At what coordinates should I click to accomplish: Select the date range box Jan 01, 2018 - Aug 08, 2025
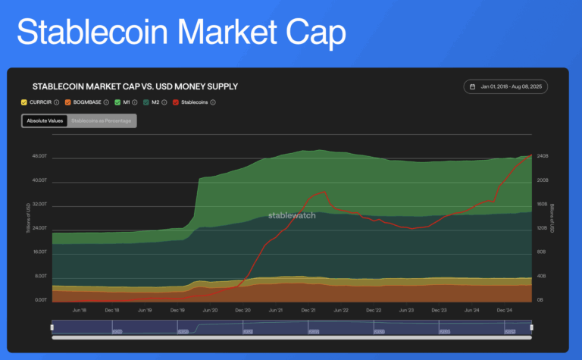(505, 87)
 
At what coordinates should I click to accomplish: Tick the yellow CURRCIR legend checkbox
(24, 102)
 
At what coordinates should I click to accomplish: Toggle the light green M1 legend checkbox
(117, 102)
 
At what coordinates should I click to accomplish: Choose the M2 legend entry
(155, 102)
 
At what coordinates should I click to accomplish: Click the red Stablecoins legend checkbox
(176, 102)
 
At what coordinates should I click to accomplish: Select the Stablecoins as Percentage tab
(102, 121)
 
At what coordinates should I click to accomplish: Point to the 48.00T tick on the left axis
(37, 156)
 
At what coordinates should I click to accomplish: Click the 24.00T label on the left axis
(37, 228)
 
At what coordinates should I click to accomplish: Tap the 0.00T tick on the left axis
(39, 300)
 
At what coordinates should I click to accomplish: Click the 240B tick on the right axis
(543, 156)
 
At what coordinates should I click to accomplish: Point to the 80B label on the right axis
(541, 252)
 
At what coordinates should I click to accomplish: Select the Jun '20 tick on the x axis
(209, 310)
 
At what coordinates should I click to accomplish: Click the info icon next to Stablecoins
(213, 102)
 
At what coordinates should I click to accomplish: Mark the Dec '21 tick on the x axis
(308, 310)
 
